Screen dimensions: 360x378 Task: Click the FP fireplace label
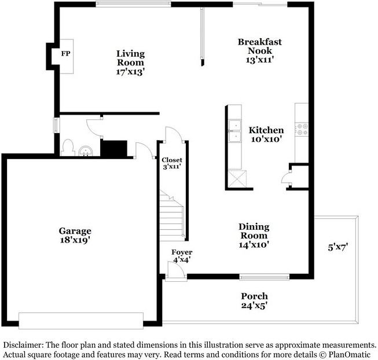pos(65,54)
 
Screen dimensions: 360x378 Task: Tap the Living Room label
pos(130,63)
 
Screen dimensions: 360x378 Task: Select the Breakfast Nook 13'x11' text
pos(260,50)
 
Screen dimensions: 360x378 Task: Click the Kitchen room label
pos(266,134)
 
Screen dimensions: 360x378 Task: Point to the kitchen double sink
pos(235,131)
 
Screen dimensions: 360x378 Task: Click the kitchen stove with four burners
pos(302,129)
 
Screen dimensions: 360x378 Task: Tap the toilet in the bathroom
pos(67,147)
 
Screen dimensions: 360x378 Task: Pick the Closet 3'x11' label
pos(172,163)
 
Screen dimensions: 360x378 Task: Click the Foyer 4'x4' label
pos(182,256)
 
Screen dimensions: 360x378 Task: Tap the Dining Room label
pos(254,236)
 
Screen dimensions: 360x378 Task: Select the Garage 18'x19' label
pos(75,234)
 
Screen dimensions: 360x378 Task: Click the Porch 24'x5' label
pos(254,300)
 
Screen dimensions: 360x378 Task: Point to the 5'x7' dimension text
pos(337,247)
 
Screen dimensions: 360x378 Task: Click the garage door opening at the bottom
pos(80,320)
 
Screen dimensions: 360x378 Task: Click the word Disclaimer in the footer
pos(23,344)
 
